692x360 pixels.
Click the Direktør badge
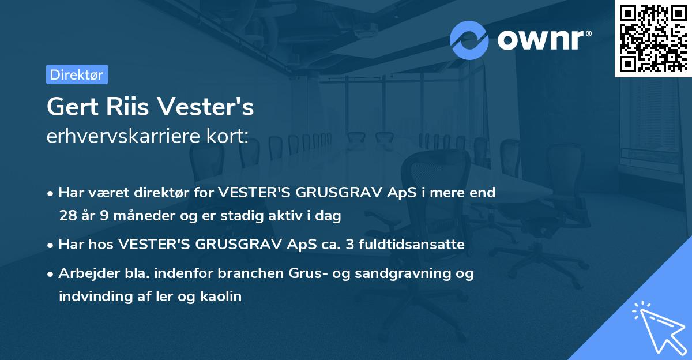[x=77, y=74]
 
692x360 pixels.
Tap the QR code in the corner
[x=653, y=39]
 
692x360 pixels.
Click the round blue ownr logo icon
[x=469, y=40]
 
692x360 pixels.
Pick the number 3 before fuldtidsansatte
[x=349, y=245]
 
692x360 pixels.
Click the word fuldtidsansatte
[x=411, y=245]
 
